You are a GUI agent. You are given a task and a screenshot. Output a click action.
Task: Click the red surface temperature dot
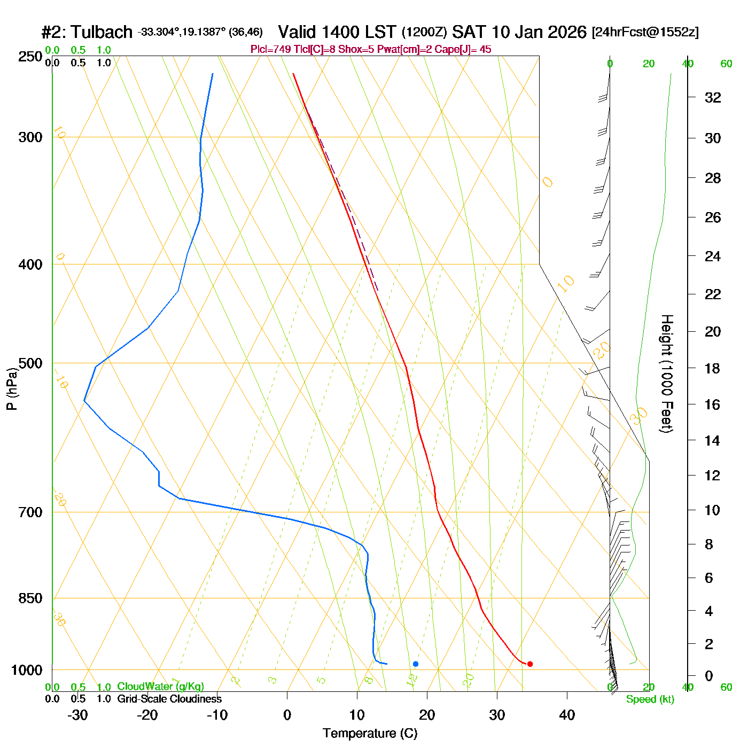coord(529,664)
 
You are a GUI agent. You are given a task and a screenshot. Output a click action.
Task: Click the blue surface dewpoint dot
coord(416,664)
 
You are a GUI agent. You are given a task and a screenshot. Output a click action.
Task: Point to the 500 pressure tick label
coord(30,363)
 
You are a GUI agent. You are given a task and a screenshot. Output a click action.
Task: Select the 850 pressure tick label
coord(30,598)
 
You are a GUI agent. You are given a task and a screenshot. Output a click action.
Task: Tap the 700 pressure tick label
coord(30,512)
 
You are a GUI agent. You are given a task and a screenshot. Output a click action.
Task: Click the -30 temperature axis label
coord(77,715)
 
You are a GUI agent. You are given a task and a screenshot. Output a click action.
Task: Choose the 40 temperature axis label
coord(567,715)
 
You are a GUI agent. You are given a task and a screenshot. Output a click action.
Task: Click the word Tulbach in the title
coord(102,32)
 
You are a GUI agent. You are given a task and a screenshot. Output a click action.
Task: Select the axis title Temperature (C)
coord(370,734)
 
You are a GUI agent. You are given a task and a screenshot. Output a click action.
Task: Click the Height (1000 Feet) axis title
coord(666,373)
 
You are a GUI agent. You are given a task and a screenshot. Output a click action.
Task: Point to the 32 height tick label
coord(713,98)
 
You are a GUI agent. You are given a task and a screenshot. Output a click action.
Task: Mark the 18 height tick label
coord(713,369)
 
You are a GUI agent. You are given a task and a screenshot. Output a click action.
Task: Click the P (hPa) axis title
coord(12,388)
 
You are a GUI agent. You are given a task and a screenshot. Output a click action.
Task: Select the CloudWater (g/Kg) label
coord(160,687)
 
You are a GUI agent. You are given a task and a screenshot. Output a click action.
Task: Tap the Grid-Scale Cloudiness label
coord(169,699)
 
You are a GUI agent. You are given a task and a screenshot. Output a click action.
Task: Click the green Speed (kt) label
coord(650,699)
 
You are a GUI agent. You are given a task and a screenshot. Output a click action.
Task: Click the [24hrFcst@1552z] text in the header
coord(645,32)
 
